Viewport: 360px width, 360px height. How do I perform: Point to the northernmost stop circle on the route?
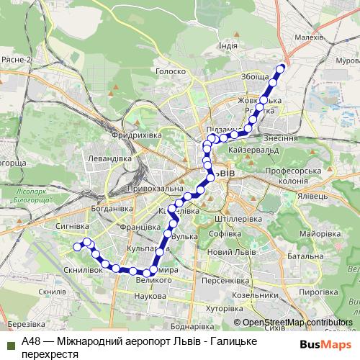tap(282, 68)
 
